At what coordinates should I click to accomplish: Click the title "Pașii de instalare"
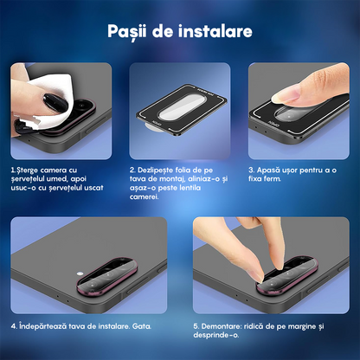[x=180, y=32]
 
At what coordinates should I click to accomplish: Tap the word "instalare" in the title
[x=216, y=32]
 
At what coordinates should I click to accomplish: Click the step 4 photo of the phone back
[x=88, y=266]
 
